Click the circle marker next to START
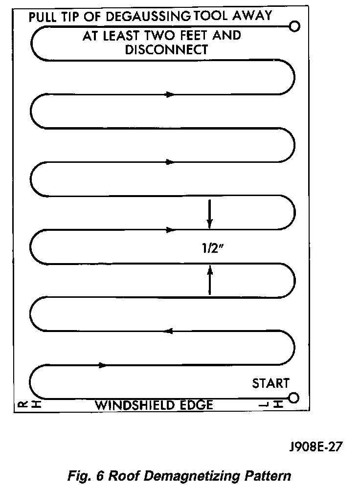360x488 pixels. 294,397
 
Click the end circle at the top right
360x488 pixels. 294,26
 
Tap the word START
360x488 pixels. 270,383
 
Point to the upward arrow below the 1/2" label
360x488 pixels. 210,280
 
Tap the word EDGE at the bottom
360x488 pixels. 197,405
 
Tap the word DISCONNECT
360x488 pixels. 167,49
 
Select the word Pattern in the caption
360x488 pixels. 268,475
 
